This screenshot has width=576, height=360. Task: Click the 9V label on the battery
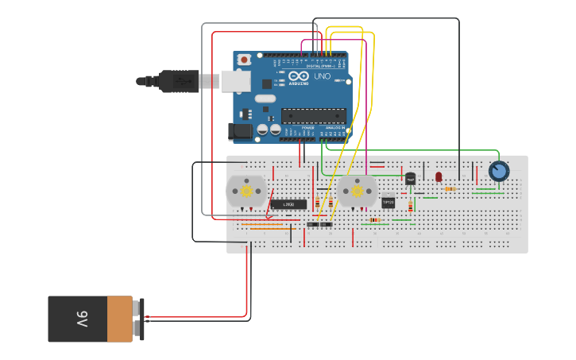[x=82, y=319]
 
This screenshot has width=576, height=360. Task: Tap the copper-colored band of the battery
[x=119, y=319]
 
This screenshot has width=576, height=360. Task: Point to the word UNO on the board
[x=322, y=77]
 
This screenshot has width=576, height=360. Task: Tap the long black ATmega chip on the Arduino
[x=313, y=116]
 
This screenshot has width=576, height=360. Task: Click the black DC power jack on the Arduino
[x=240, y=131]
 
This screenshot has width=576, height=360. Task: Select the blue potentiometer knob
[x=498, y=172]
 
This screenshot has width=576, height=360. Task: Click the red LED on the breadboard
[x=439, y=176]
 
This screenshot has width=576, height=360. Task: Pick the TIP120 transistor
[x=389, y=202]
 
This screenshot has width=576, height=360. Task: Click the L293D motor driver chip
[x=289, y=204]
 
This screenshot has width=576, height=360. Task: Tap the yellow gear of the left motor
[x=246, y=191]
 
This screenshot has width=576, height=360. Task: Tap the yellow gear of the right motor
[x=357, y=191]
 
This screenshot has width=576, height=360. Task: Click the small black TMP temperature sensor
[x=411, y=179]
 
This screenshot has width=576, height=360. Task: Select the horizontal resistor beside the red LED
[x=450, y=189]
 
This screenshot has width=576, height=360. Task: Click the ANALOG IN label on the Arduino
[x=335, y=127]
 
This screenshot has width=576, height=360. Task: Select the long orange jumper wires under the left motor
[x=262, y=226]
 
